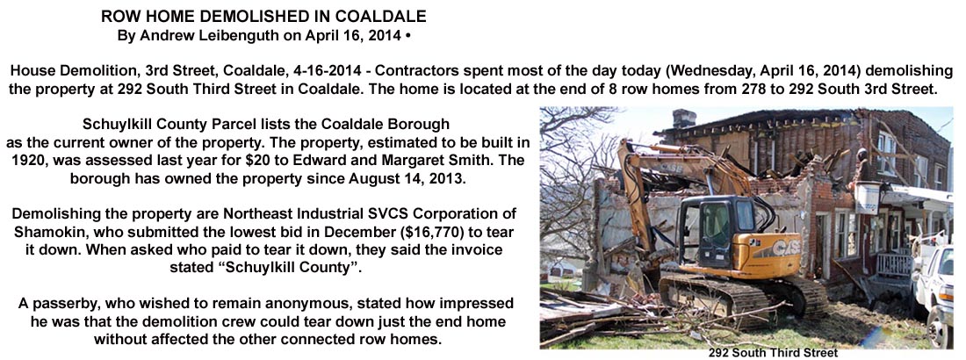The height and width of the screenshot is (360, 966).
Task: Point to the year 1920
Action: pos(25,162)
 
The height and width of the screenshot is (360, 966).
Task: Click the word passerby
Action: pos(57,304)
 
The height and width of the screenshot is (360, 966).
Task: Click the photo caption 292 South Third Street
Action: pos(772,353)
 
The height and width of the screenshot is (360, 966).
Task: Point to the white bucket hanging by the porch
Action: pos(867,198)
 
